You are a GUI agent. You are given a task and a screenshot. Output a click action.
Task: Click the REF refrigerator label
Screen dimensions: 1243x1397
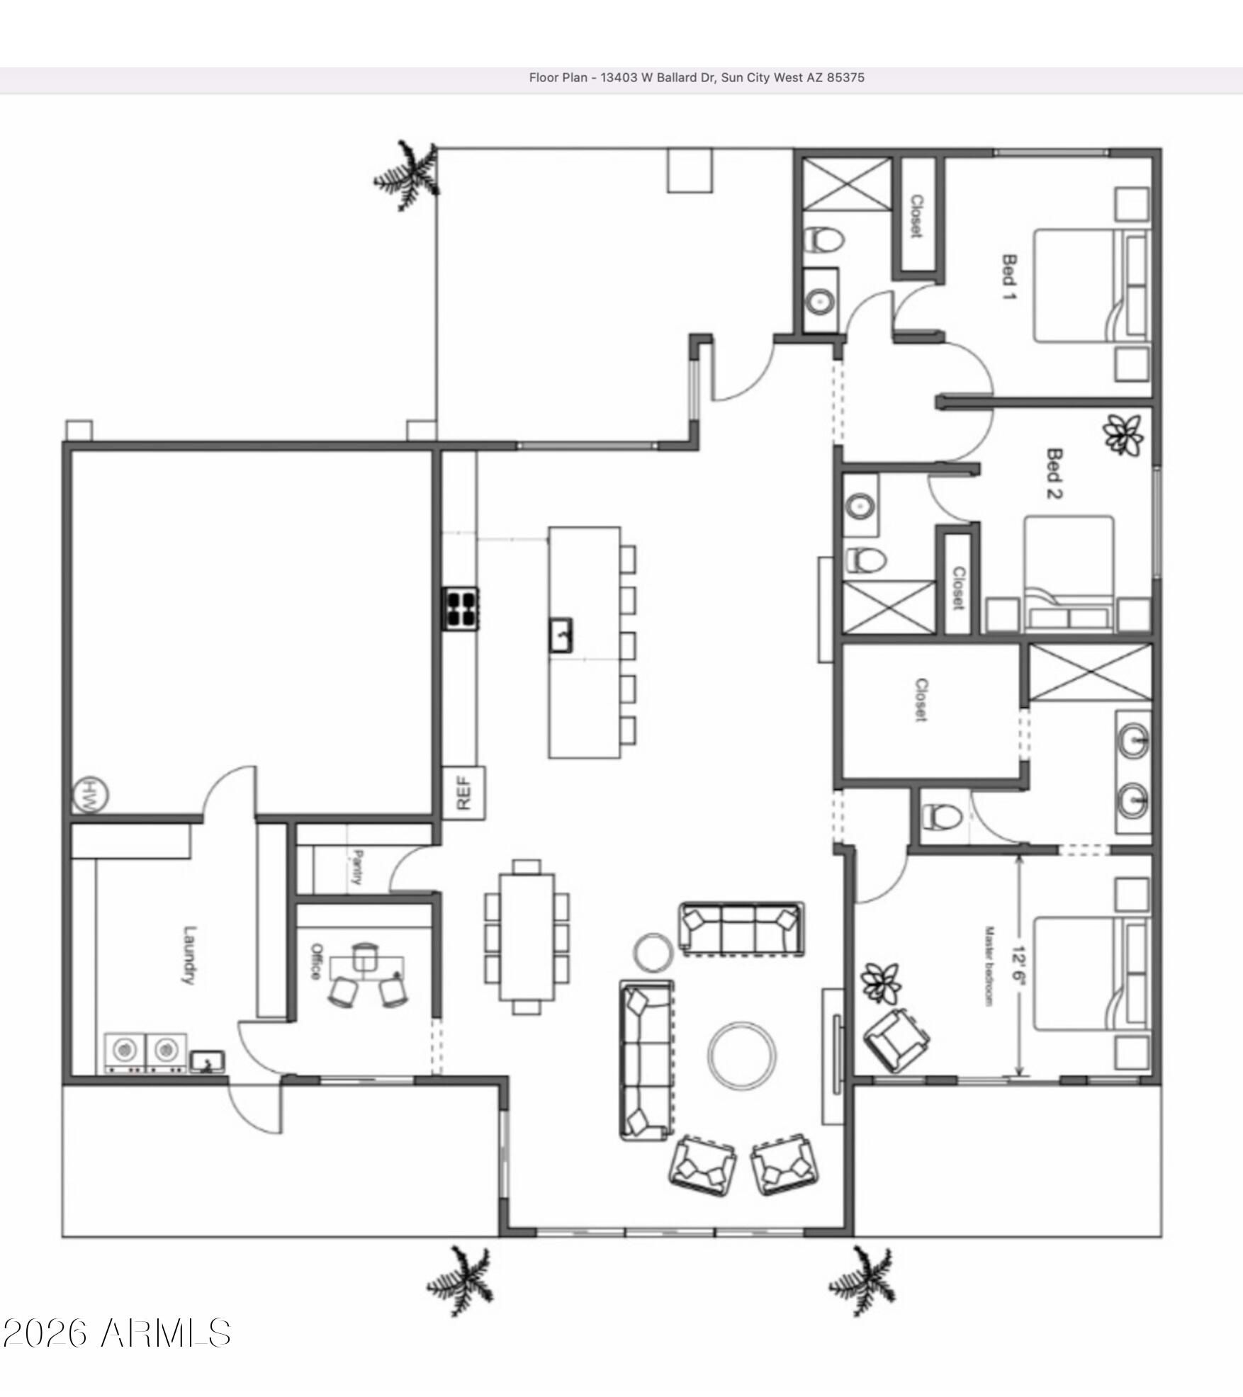coord(463,793)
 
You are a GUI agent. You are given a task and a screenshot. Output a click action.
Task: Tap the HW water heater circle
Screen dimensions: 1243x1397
coord(91,795)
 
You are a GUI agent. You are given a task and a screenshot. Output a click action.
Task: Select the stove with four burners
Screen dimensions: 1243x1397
coord(461,609)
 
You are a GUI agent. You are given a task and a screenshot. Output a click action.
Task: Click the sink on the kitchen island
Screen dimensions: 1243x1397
coord(561,635)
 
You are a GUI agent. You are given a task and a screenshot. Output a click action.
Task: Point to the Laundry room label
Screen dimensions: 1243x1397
coord(189,955)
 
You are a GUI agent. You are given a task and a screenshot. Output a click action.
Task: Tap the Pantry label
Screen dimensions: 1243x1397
coord(357,867)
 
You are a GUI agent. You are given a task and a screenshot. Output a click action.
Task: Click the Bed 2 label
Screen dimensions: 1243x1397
coord(1054,473)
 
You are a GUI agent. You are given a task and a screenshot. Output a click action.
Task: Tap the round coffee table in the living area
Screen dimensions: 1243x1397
coord(741,1055)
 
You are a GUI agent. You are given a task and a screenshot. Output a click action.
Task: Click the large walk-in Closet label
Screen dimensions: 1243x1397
coord(921,700)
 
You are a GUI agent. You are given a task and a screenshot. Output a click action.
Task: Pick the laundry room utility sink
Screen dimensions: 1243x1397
coord(207,1061)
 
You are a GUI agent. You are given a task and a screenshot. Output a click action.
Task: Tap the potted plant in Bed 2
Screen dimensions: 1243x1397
coord(1123,435)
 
